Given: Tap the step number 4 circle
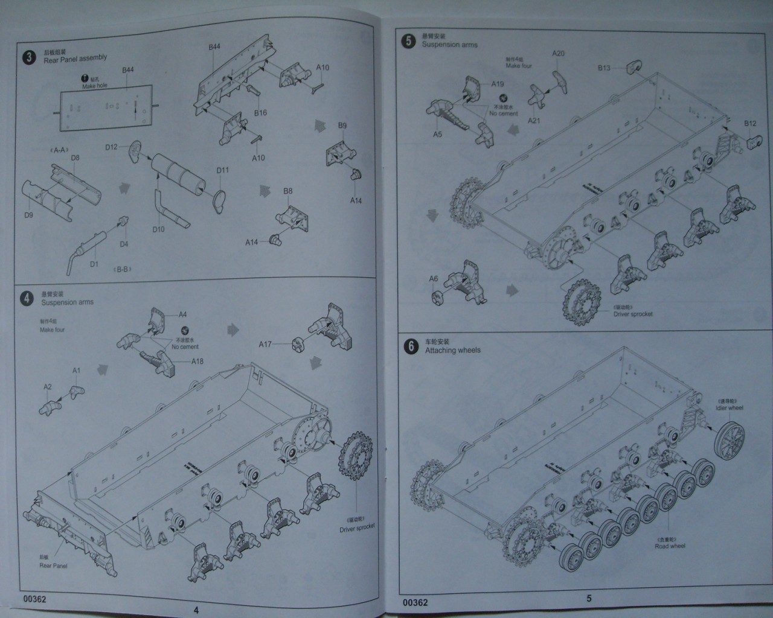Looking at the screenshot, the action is [27, 298].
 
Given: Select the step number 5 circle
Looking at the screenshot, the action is [409, 41].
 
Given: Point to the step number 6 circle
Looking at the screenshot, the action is [411, 346].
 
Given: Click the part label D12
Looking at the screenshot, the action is [111, 147].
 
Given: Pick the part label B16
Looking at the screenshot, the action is [260, 113].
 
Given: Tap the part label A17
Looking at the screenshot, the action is [265, 344].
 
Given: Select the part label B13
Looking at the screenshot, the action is [604, 68].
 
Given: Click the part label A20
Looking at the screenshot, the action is [559, 54].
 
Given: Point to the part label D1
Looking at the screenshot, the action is [94, 264].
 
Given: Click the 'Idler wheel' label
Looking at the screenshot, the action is [730, 407].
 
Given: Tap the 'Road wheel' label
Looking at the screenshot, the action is [670, 546].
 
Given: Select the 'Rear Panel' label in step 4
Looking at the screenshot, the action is [53, 565].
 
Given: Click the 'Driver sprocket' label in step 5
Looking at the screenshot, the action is [632, 314].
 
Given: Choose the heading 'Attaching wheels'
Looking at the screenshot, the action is [453, 350].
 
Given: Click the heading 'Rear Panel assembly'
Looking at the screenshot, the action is [75, 59].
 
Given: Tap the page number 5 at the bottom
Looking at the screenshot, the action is [589, 599].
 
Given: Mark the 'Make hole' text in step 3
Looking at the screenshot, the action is [95, 86].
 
